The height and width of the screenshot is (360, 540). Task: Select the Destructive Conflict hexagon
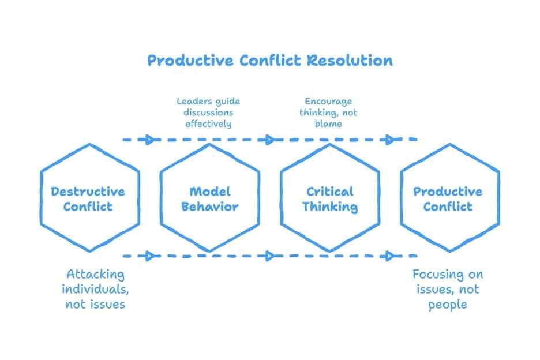[89, 198]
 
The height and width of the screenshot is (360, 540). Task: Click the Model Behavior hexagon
[209, 198]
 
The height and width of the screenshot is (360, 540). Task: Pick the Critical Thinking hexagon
[329, 198]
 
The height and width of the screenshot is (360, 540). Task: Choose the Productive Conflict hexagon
[449, 198]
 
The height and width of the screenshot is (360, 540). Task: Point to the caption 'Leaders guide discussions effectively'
[208, 112]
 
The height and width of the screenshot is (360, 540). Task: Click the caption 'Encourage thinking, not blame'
[328, 112]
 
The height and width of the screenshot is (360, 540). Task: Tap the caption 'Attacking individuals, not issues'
[95, 288]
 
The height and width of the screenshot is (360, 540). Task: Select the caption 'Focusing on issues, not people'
[448, 289]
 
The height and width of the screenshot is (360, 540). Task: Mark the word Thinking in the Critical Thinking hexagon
[330, 206]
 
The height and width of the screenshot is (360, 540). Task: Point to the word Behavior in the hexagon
[209, 206]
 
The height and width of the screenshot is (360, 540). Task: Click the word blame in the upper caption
[329, 123]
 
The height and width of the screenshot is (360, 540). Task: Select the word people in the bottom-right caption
[448, 304]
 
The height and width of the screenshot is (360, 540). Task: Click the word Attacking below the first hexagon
[95, 274]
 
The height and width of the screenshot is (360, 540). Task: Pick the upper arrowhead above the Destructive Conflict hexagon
[151, 139]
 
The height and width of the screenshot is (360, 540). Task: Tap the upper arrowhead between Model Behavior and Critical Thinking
[269, 139]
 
